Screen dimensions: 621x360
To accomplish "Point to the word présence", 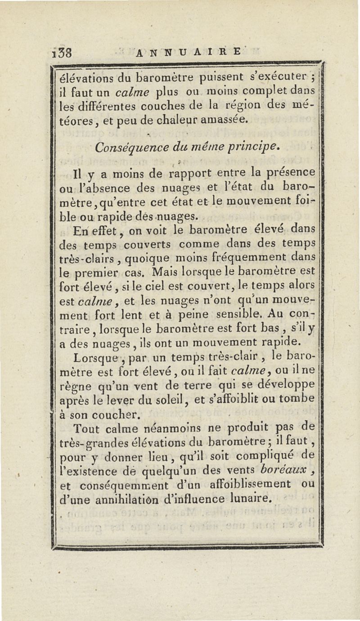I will pos(288,172).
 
